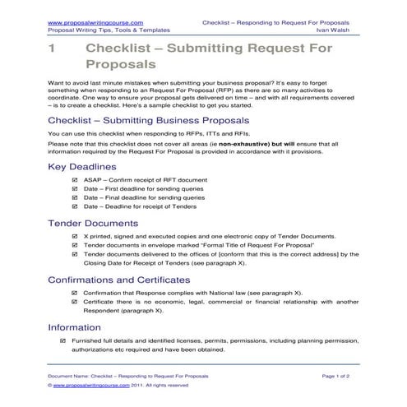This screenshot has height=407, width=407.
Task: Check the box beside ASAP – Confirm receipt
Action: pos(76,178)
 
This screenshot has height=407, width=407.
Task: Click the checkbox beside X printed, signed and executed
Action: pos(76,236)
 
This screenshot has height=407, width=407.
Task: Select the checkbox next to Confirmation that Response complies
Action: pos(76,293)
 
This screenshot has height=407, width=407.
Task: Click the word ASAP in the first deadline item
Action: pos(93,178)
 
